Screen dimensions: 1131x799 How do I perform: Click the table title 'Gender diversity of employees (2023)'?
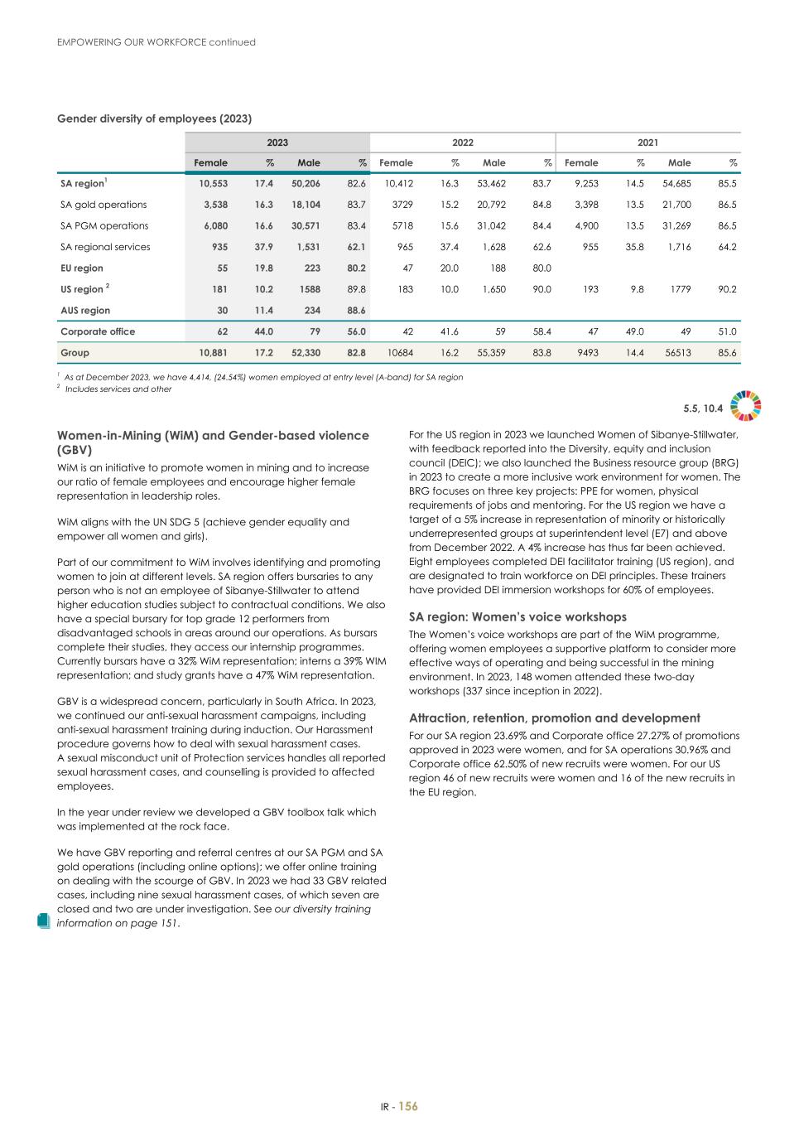154,119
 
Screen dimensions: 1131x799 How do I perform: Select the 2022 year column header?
462,143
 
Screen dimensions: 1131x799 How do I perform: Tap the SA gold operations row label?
103,205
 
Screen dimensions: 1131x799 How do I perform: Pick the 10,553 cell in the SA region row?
211,184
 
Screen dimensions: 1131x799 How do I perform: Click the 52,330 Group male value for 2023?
304,353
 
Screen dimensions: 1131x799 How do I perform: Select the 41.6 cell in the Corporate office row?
449,331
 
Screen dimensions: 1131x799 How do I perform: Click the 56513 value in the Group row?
675,353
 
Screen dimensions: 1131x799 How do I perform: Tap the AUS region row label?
85,310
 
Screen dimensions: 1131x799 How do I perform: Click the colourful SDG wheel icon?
746,405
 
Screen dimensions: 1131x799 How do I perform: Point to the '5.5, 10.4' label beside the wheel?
703,408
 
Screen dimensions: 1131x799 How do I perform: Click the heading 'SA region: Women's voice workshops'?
517,617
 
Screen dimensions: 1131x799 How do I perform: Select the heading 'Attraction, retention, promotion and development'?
554,718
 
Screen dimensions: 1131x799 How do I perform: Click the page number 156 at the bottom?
408,1106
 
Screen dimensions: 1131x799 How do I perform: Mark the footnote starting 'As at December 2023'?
263,377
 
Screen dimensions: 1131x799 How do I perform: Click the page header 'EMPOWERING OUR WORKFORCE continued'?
156,42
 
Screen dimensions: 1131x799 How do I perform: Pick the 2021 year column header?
647,143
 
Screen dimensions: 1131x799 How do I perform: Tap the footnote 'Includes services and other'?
118,389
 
